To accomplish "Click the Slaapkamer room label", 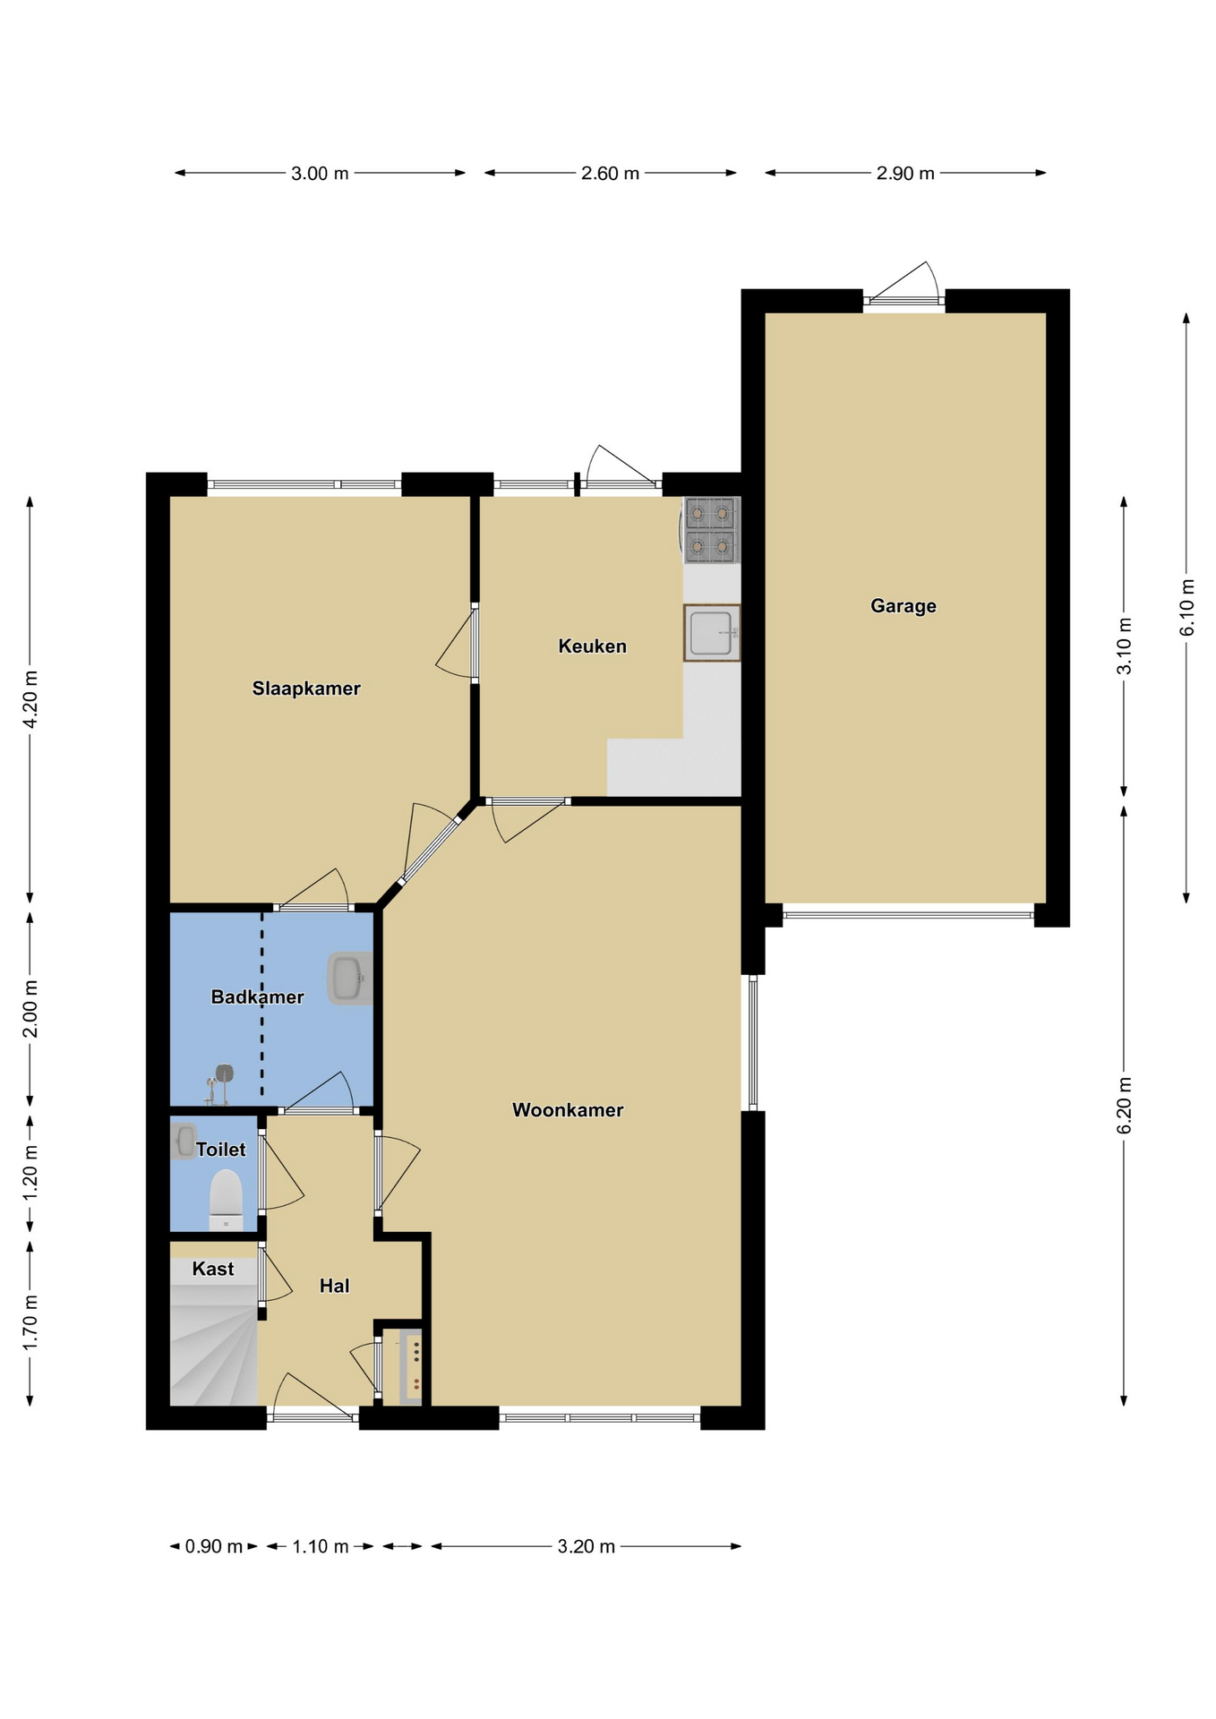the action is tap(306, 688).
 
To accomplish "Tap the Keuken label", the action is tap(592, 646).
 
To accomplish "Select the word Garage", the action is tap(903, 606).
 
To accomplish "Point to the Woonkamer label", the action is tap(568, 1110).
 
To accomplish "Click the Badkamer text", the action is tap(257, 996).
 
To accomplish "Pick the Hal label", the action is tap(334, 1286).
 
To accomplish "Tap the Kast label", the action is tap(213, 1269).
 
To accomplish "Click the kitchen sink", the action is tap(712, 633).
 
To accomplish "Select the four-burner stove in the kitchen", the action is tap(712, 530).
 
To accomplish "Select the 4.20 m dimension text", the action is tap(30, 699).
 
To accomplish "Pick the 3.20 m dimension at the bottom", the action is tap(587, 1546).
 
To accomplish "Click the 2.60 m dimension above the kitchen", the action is tap(610, 173).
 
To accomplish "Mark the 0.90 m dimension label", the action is tap(214, 1546).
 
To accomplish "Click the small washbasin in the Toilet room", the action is tap(184, 1141).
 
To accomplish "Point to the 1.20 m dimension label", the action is tap(30, 1174).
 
